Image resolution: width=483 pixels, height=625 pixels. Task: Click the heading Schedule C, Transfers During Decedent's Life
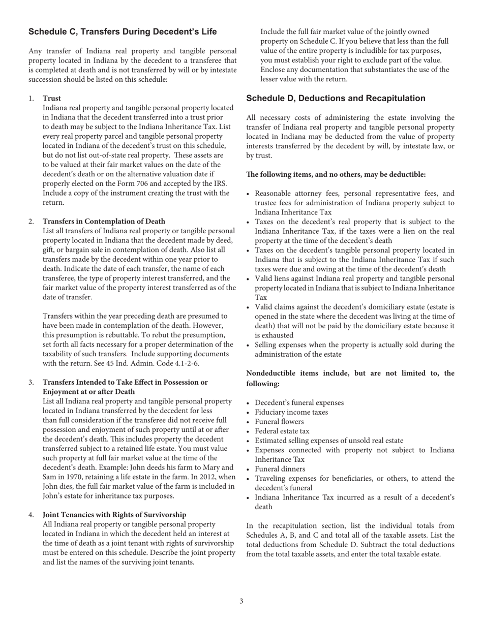(123, 32)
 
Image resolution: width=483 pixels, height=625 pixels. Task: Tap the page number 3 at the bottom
(241, 601)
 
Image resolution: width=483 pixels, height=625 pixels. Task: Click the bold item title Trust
(52, 98)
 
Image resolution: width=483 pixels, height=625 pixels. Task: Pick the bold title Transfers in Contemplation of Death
(104, 221)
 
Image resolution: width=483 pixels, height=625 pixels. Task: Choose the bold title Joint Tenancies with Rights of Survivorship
(114, 515)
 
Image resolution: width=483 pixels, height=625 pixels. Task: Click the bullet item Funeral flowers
(279, 422)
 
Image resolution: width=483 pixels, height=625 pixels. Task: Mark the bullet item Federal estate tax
(282, 431)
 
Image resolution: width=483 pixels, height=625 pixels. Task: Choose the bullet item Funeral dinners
(280, 469)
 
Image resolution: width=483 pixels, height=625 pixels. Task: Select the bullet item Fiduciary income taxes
(291, 412)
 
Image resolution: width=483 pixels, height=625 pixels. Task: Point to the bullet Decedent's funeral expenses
(299, 403)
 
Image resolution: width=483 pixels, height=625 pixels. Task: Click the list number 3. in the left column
(32, 382)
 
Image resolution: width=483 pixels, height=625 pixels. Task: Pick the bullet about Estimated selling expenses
(329, 441)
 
